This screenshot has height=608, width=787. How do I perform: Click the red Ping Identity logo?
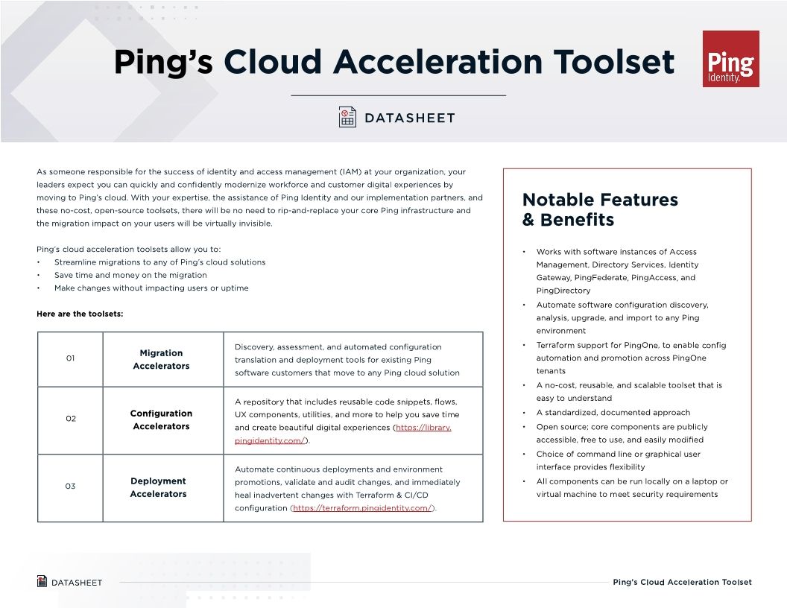pyautogui.click(x=730, y=59)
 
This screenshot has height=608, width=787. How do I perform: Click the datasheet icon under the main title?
pyautogui.click(x=347, y=118)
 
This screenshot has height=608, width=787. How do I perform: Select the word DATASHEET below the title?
pyautogui.click(x=409, y=118)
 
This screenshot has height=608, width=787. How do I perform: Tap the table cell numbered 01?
pyautogui.click(x=70, y=358)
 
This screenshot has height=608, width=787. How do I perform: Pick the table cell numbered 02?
pyautogui.click(x=70, y=419)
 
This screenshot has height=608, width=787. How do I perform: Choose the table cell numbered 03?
pyautogui.click(x=70, y=487)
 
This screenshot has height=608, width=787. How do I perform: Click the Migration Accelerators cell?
pyautogui.click(x=161, y=359)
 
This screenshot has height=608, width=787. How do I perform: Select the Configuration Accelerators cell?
pyautogui.click(x=161, y=419)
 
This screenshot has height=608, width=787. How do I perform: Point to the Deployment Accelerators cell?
pyautogui.click(x=159, y=487)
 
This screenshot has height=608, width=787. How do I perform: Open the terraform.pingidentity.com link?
pyautogui.click(x=362, y=508)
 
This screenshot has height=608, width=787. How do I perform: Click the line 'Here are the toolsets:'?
pyautogui.click(x=80, y=314)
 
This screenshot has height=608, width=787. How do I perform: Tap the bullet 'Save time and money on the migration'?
pyautogui.click(x=130, y=275)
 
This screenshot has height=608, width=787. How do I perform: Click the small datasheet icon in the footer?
pyautogui.click(x=42, y=581)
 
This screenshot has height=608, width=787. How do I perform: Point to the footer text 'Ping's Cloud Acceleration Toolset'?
pyautogui.click(x=682, y=582)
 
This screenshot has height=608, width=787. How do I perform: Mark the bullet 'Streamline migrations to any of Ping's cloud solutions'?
pyautogui.click(x=159, y=262)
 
